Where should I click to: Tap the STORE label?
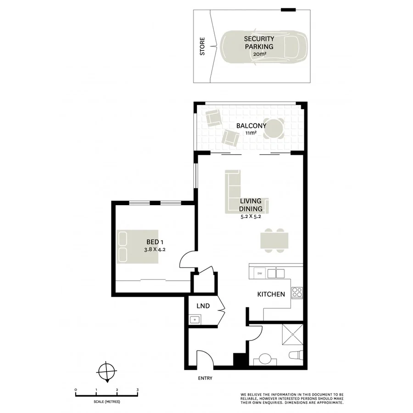202,47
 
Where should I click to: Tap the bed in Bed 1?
138,246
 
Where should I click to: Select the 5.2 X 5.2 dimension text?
251,217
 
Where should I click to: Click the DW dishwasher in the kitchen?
259,274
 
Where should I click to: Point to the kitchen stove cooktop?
296,292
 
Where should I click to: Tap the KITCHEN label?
271,295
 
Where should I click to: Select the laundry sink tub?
194,319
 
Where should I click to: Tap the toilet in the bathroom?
296,356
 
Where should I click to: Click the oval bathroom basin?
265,359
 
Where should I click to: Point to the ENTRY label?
205,379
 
